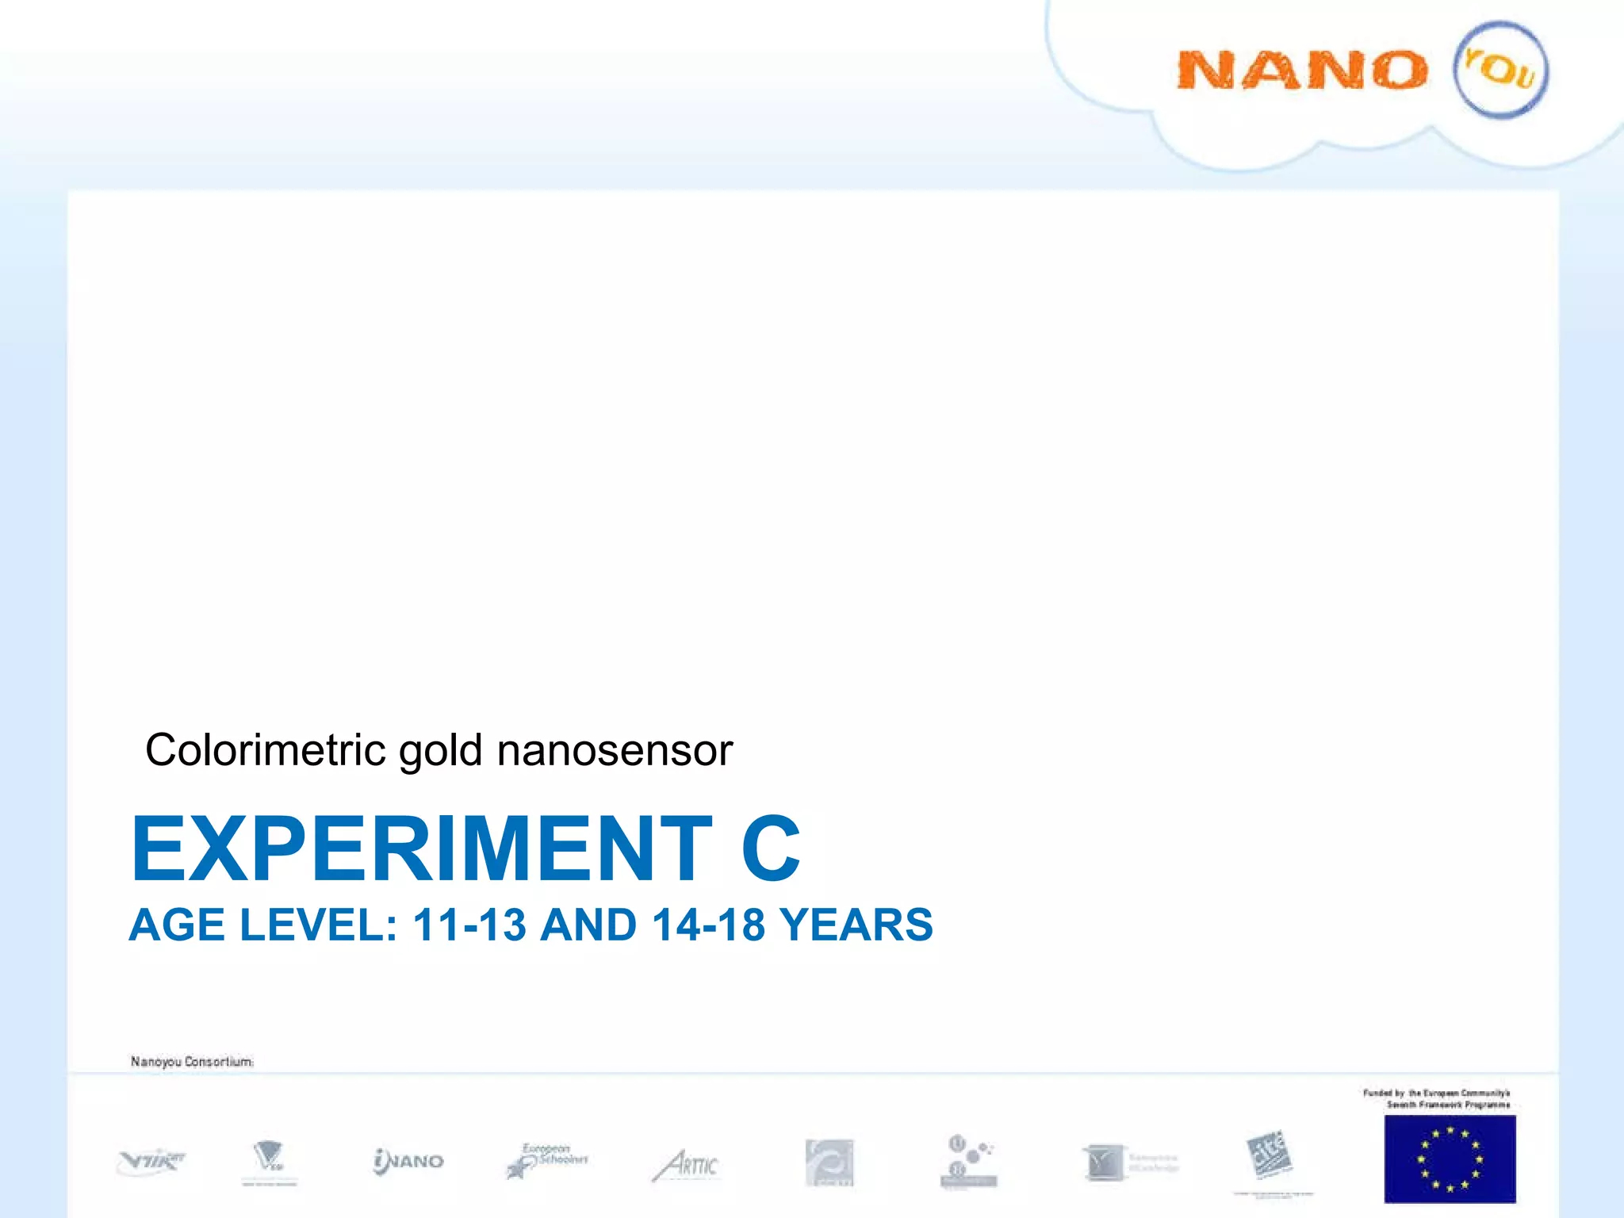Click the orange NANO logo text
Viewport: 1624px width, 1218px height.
[1302, 71]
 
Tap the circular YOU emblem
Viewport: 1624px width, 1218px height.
[1500, 71]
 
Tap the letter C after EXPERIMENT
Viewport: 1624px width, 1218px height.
[771, 848]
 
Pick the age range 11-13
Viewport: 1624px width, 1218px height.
[469, 925]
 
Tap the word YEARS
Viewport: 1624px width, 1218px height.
[856, 925]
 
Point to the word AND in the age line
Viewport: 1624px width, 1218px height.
[588, 925]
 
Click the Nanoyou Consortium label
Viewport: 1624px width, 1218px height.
[192, 1062]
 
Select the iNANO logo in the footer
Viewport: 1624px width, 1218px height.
[408, 1162]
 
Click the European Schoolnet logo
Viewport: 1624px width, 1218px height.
[547, 1161]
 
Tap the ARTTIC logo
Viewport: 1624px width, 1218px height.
[686, 1166]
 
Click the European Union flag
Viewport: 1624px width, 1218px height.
[1450, 1159]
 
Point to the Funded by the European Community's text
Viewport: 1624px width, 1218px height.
[1437, 1098]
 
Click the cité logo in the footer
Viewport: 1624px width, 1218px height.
[1270, 1155]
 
